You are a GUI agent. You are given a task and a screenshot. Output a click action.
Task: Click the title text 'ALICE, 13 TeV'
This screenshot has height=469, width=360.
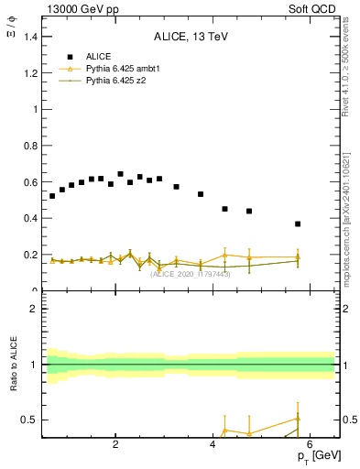coord(189,37)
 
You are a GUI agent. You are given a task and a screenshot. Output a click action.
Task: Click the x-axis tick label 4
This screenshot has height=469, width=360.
coord(213,445)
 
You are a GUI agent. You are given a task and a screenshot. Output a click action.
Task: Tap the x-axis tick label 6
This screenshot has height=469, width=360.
coord(310,445)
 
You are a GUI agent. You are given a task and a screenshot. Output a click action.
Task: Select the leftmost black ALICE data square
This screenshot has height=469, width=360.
coord(52,196)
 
